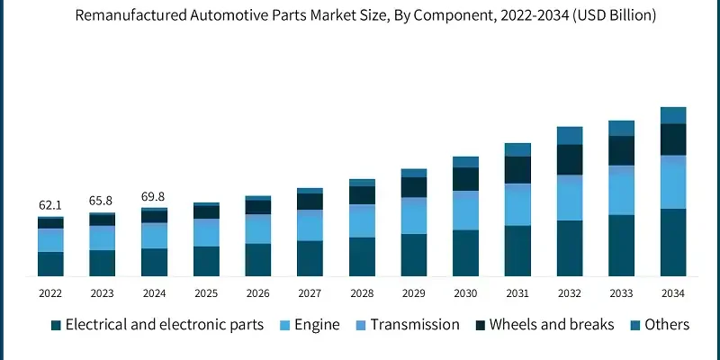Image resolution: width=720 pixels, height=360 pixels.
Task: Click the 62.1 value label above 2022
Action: coord(50,205)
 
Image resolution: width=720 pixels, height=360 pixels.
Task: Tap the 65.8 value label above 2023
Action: coord(102,201)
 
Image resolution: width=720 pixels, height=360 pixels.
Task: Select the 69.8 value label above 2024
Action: coord(154,196)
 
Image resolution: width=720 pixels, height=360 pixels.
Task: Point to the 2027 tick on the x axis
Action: coord(310,293)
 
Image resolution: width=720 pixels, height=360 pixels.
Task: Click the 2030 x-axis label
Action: coord(465,293)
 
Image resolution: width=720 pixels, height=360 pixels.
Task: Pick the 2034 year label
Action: coord(673,293)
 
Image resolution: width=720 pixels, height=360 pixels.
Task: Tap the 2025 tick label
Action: coord(206,293)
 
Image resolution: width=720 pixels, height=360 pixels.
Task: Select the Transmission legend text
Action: coord(415,325)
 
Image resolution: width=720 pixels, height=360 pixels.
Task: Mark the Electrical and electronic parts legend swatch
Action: coord(56,325)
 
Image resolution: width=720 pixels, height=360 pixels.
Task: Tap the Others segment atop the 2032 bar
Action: coord(570,135)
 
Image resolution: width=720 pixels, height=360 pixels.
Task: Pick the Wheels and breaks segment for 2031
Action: coord(517,169)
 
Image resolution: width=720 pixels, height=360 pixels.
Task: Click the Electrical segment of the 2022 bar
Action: coord(50,263)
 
